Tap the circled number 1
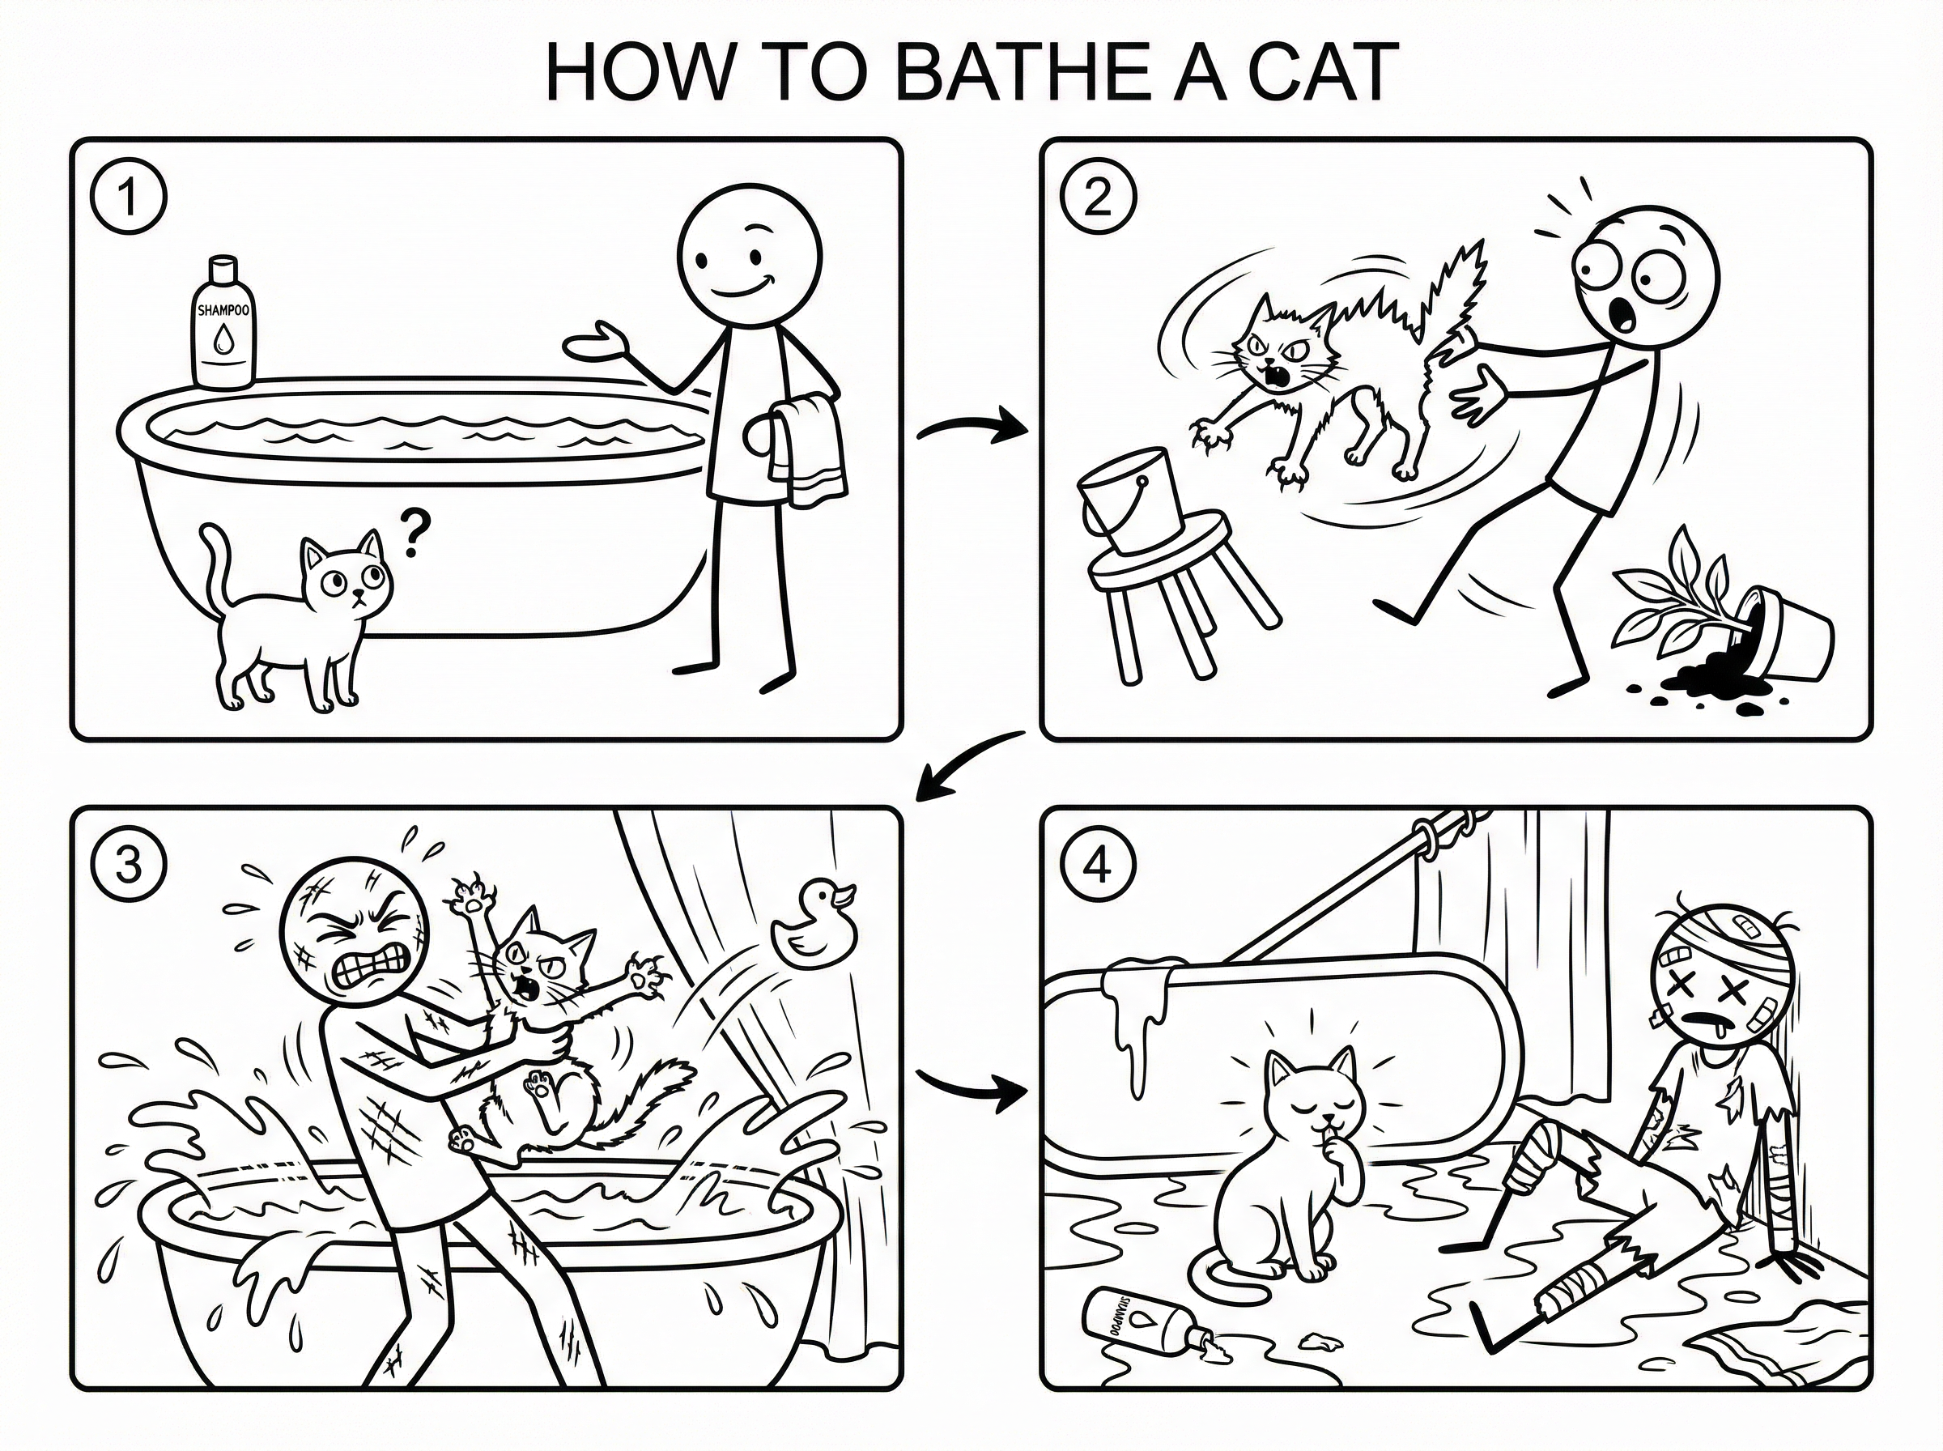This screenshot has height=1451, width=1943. pos(128,198)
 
